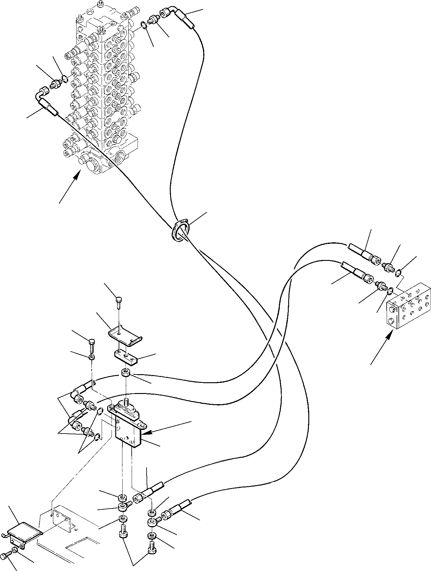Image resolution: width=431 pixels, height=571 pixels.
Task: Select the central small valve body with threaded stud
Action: (127, 424)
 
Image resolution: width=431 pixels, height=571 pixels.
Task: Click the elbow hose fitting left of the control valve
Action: (46, 101)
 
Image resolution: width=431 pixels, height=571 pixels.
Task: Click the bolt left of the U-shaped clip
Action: (92, 345)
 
